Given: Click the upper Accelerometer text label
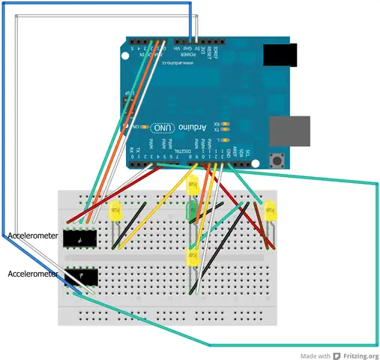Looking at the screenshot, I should pos(31,236).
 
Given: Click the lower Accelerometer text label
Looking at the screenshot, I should pos(31,274).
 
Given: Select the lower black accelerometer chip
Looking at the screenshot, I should pos(80,277).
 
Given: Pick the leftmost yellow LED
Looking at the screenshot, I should pos(115,211).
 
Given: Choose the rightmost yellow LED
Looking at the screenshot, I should pos(270,211).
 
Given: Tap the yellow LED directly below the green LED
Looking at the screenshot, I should pos(192,257).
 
